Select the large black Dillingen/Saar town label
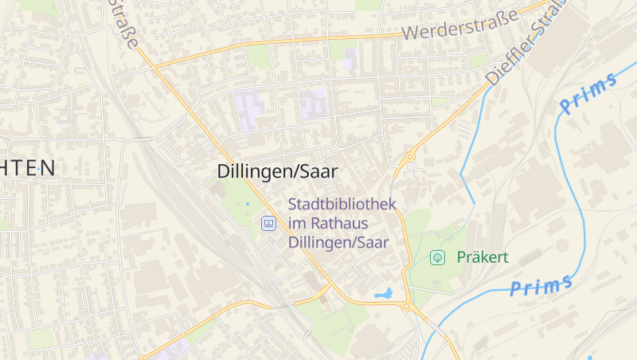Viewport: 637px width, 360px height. point(277,170)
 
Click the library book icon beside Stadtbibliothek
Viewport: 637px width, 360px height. point(269,224)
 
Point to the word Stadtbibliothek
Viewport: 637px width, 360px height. point(342,205)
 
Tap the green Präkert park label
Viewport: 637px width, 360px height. point(483,257)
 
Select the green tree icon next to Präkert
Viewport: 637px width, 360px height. point(437,257)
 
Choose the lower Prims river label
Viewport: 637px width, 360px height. point(541,286)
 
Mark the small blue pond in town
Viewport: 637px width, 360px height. point(385,294)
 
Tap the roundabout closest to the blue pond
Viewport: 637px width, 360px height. point(407,306)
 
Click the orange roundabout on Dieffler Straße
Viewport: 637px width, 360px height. point(411,158)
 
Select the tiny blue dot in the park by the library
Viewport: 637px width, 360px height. point(247,204)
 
